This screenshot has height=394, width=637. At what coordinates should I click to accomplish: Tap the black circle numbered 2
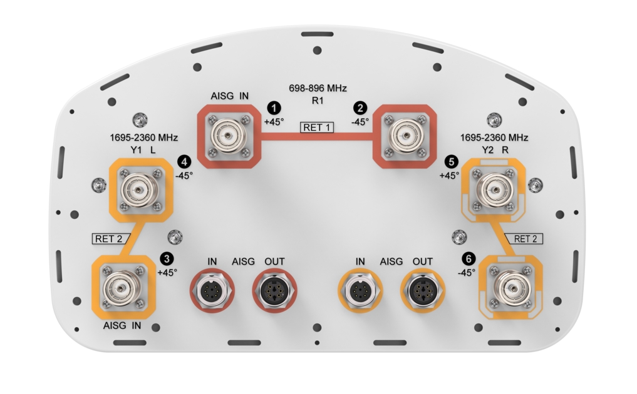tap(358, 107)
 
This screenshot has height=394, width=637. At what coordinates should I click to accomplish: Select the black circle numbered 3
tap(167, 258)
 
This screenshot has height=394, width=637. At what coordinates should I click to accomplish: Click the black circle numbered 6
tap(467, 258)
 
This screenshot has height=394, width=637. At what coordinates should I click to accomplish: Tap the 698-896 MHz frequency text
tap(317, 88)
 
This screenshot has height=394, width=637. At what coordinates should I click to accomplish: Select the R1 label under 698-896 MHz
tap(317, 100)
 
